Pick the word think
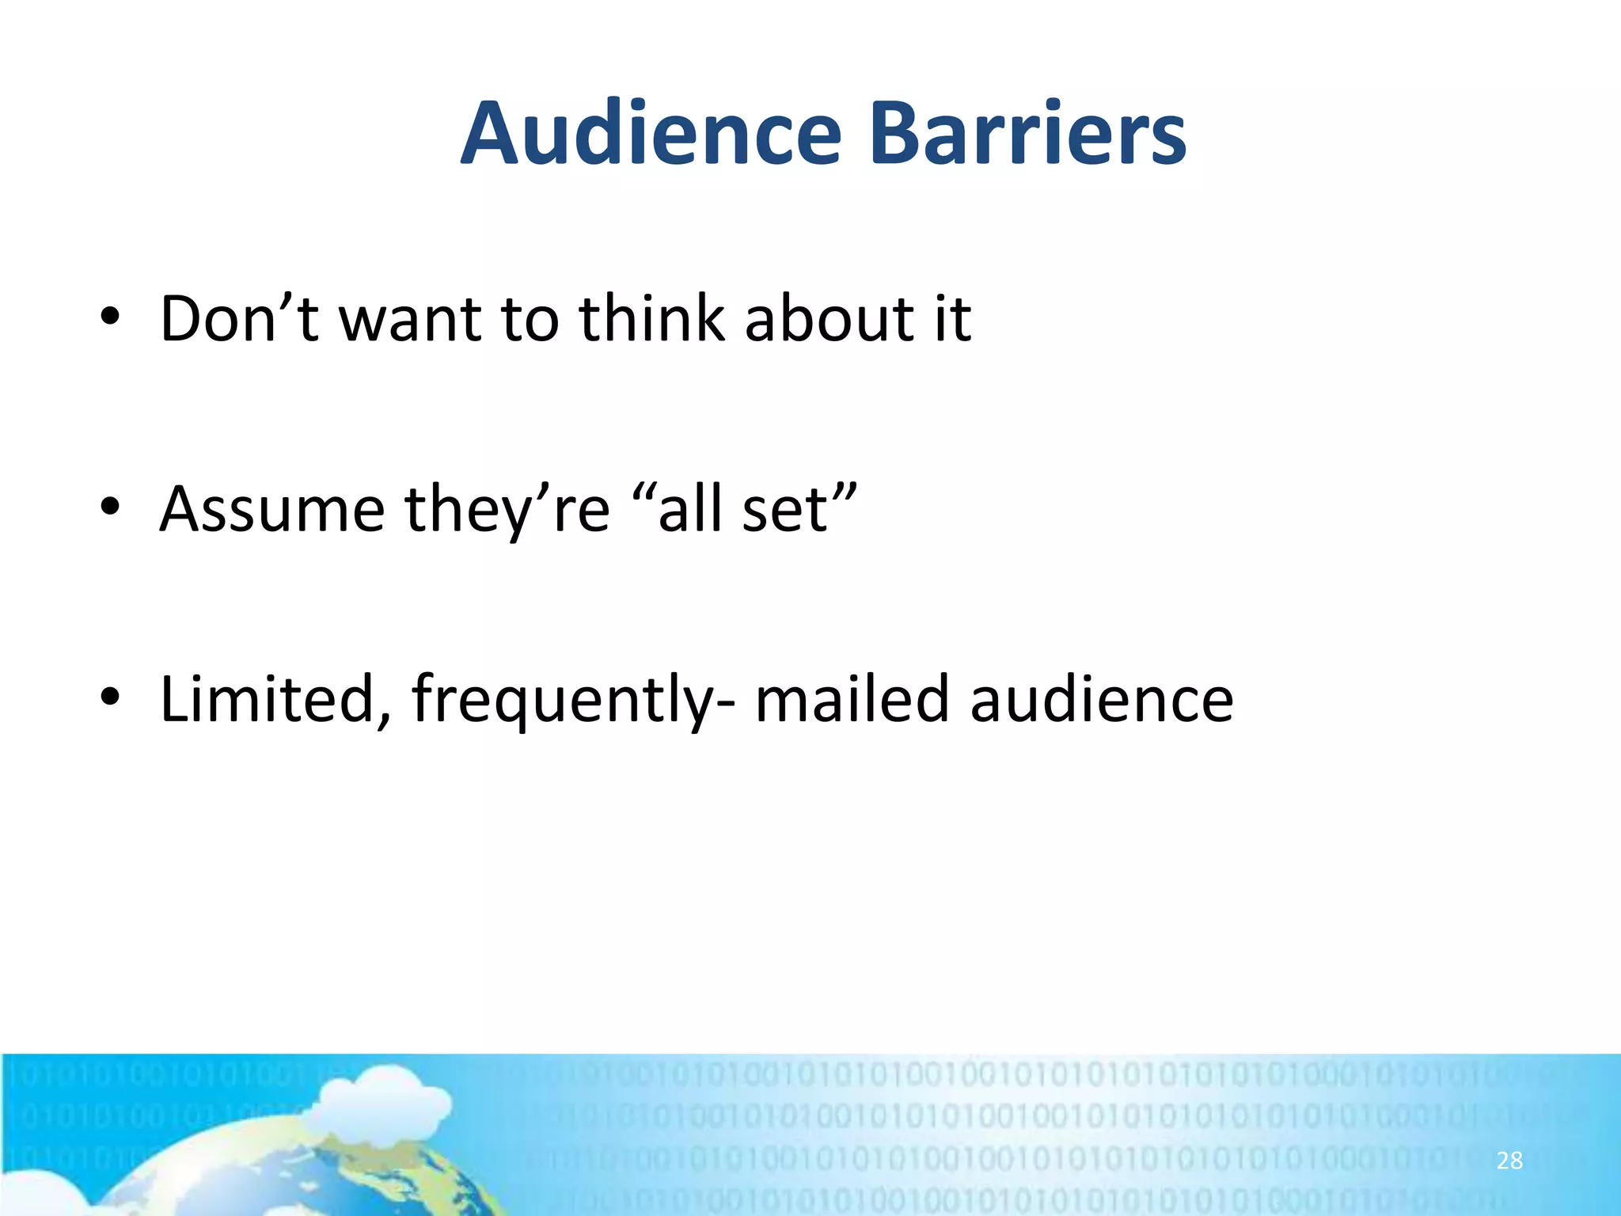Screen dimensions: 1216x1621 pyautogui.click(x=651, y=318)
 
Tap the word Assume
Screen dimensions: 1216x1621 pyautogui.click(x=272, y=508)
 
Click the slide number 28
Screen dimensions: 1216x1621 pyautogui.click(x=1509, y=1161)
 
